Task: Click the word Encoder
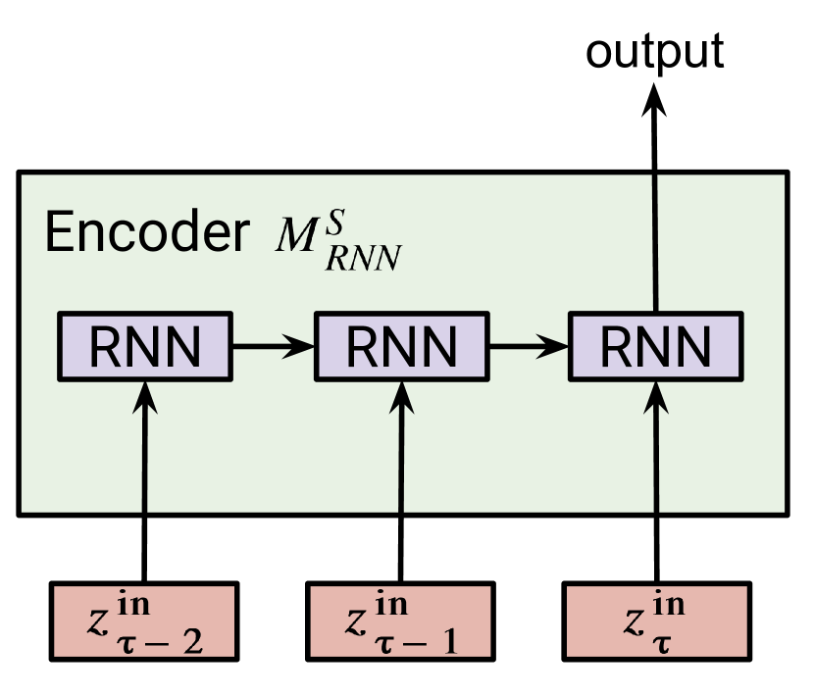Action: pyautogui.click(x=147, y=232)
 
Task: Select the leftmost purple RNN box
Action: pyautogui.click(x=145, y=346)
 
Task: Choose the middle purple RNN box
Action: pyautogui.click(x=400, y=346)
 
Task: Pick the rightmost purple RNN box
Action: pyautogui.click(x=656, y=346)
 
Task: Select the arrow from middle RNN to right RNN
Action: pyautogui.click(x=529, y=345)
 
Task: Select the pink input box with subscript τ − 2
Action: pyautogui.click(x=144, y=621)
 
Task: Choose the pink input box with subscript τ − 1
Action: pyautogui.click(x=400, y=621)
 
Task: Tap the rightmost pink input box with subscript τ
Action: pyautogui.click(x=657, y=621)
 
